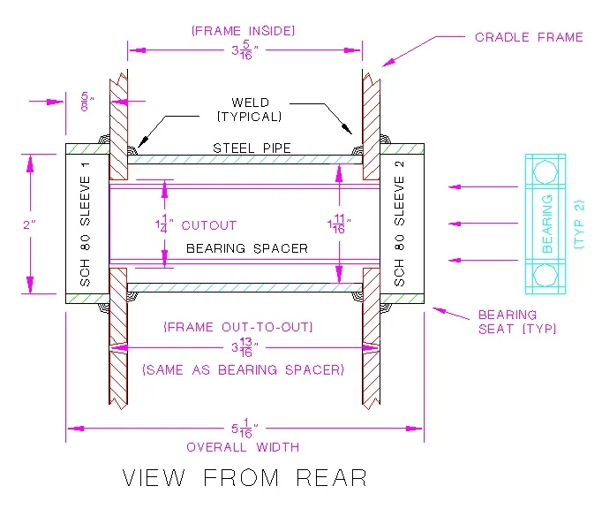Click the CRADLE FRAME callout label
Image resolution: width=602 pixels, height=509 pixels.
[529, 37]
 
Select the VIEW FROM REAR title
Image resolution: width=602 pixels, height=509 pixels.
[245, 478]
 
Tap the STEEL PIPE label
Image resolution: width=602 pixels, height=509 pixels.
[251, 148]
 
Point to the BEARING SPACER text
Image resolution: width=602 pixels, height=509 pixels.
[247, 248]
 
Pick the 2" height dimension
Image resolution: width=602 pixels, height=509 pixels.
[28, 224]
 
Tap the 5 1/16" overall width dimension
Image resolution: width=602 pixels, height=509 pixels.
[245, 428]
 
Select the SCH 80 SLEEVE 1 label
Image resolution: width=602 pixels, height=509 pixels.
[85, 224]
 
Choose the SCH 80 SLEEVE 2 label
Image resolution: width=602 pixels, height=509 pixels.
[399, 224]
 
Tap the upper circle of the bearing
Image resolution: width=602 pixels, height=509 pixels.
[546, 170]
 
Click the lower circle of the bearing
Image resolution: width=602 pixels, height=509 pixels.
[546, 277]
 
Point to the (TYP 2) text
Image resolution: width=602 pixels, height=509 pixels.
[578, 224]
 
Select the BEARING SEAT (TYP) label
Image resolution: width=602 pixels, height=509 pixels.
[516, 322]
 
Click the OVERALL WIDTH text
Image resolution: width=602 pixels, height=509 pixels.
[244, 447]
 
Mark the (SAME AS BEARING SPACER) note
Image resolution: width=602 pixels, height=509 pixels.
[244, 369]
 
